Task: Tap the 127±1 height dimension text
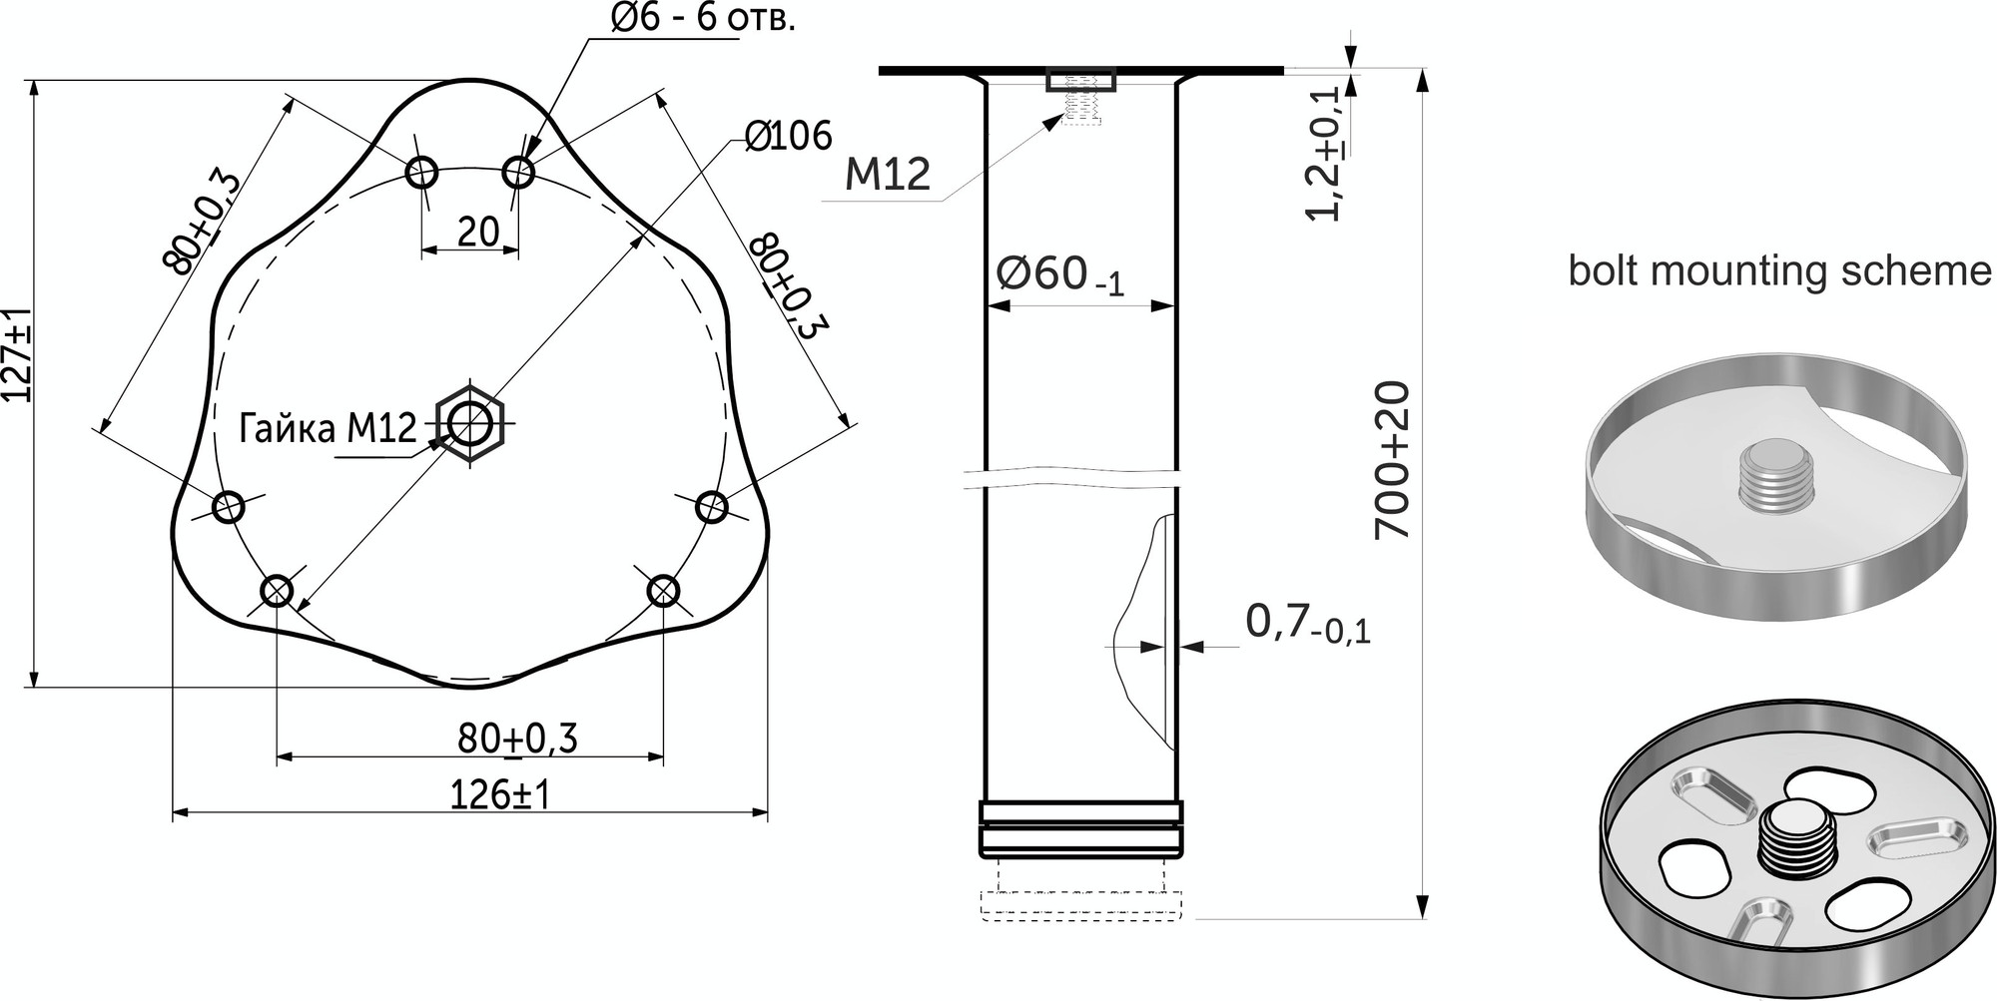pyautogui.click(x=19, y=354)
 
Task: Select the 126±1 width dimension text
pyautogui.click(x=500, y=795)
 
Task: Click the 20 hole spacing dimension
pyautogui.click(x=478, y=232)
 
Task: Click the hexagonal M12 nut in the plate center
pyautogui.click(x=471, y=424)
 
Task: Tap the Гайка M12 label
pyautogui.click(x=328, y=429)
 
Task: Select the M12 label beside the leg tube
pyautogui.click(x=888, y=175)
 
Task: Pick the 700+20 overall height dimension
pyautogui.click(x=1392, y=459)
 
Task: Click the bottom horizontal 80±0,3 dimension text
pyautogui.click(x=517, y=739)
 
